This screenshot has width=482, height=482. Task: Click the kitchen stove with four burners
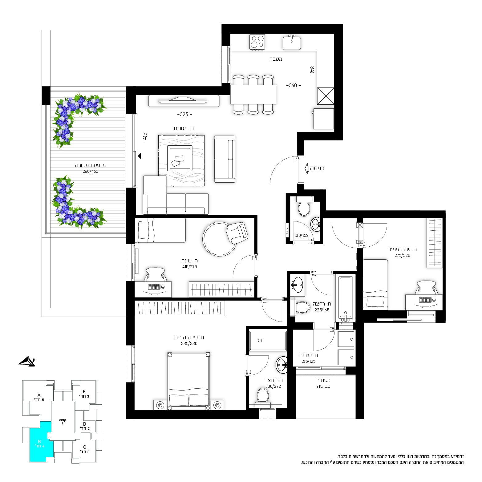tap(257, 42)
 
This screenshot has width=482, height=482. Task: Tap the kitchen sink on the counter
tap(292, 43)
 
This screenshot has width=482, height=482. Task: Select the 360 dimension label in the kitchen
tap(294, 85)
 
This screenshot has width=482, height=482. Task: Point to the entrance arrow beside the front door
tap(307, 168)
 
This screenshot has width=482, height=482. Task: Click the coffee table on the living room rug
tap(180, 158)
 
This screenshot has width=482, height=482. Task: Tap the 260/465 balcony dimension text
tap(90, 172)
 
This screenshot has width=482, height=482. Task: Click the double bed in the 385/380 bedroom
tap(189, 381)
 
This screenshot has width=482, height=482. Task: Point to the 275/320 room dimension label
tap(402, 255)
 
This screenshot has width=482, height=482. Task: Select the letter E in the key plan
tap(84, 392)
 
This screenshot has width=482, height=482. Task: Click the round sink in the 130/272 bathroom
tap(282, 365)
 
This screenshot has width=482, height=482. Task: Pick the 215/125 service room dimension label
tap(308, 362)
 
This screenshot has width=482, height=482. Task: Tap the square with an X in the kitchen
tap(326, 96)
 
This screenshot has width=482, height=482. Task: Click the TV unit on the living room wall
tap(184, 101)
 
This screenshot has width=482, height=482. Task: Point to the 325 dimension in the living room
tap(184, 114)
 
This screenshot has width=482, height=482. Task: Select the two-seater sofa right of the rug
tap(225, 159)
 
